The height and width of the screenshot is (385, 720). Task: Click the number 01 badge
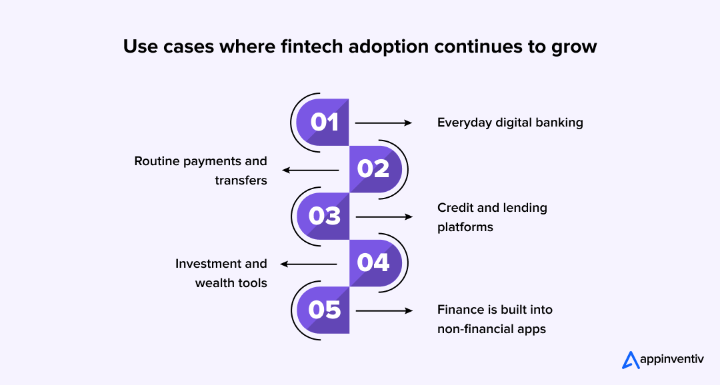[x=324, y=123]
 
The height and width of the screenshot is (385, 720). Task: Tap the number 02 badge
[x=374, y=169]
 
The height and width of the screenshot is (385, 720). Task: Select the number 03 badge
[x=324, y=216]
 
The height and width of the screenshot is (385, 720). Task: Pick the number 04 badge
[x=374, y=263]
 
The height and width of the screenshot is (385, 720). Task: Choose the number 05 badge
[x=324, y=310]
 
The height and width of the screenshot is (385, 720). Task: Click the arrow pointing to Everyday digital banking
[x=384, y=123]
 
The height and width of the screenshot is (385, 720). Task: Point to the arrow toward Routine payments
[x=310, y=170]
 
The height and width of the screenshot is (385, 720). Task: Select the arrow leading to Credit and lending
[x=384, y=216]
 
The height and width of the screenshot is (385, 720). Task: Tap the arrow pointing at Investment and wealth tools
[x=310, y=264]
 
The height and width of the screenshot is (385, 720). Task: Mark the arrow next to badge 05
[x=384, y=310]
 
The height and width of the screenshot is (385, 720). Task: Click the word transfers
[x=241, y=181]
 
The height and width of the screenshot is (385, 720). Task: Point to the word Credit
[x=455, y=208]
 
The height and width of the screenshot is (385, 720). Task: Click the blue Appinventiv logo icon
[x=631, y=360]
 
